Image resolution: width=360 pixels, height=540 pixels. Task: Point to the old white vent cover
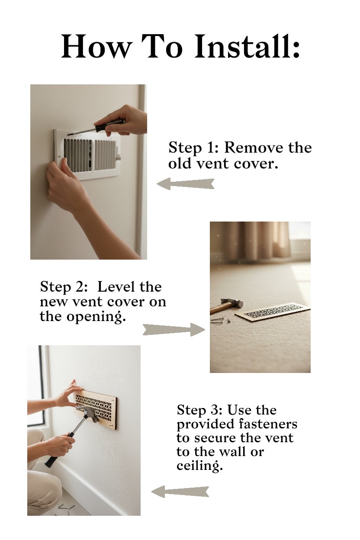[x=87, y=154]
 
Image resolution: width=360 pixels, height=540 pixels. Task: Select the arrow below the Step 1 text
[x=186, y=184]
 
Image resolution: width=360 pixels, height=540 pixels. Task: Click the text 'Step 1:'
[x=193, y=148]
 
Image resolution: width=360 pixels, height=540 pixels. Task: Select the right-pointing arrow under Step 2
[x=174, y=330]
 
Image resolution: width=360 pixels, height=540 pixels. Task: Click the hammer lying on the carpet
[x=226, y=305]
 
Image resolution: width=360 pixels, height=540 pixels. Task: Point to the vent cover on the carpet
[x=273, y=312]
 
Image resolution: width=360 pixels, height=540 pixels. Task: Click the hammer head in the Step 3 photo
[x=87, y=414]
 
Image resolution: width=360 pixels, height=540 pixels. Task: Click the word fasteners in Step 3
[x=268, y=424]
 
